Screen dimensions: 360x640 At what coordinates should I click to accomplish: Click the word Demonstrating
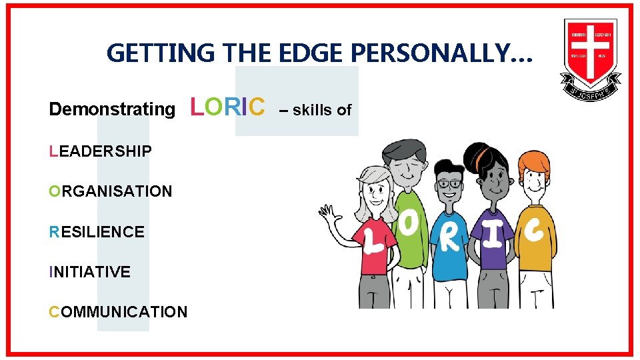coord(112,109)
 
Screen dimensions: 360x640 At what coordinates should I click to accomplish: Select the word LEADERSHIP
coord(100,151)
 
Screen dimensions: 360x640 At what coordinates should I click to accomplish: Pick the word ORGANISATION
coord(111,191)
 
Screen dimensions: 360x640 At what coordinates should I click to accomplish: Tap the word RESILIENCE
coord(97,232)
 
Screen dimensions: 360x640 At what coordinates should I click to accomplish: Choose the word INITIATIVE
coord(89,272)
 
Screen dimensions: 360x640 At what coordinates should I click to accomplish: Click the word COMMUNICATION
coord(118,312)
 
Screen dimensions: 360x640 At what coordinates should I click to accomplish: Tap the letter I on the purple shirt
coord(491,234)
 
